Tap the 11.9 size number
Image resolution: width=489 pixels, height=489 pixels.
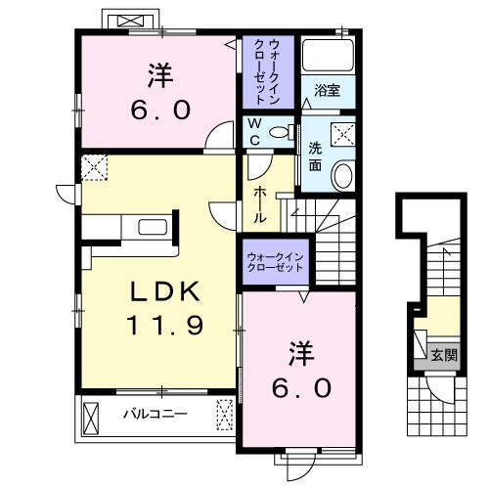[162, 325]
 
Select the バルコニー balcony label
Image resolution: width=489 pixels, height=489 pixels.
[154, 414]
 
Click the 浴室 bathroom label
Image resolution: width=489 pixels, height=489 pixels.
[327, 91]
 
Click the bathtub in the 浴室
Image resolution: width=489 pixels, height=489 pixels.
[328, 57]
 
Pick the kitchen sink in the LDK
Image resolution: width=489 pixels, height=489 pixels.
[153, 228]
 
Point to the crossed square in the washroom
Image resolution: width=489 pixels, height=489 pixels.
[342, 133]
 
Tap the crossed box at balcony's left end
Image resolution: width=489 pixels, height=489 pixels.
[91, 417]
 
